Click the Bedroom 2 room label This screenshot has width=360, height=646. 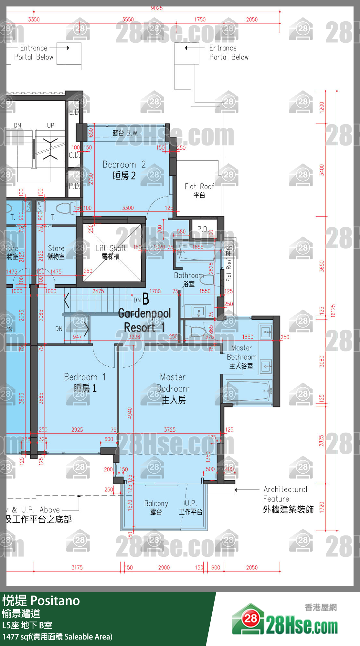click(x=124, y=170)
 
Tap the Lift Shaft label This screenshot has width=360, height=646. click(x=111, y=252)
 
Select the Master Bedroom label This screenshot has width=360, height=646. click(x=173, y=388)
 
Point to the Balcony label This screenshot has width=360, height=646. click(x=156, y=507)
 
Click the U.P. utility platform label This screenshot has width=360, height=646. click(x=191, y=507)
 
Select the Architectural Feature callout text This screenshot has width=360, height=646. click(x=286, y=499)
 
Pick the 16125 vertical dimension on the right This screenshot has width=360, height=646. click(x=333, y=311)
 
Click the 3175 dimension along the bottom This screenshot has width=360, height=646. click(x=77, y=567)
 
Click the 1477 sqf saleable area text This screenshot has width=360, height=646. click(x=58, y=637)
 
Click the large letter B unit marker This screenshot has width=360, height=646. click(x=146, y=299)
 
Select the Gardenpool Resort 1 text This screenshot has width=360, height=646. click(x=144, y=320)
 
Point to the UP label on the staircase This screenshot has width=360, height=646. click(x=51, y=125)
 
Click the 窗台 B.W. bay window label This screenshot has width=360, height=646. click(x=125, y=133)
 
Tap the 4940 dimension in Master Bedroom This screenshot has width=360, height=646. click(x=130, y=413)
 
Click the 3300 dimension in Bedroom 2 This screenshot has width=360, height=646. click(x=128, y=208)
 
